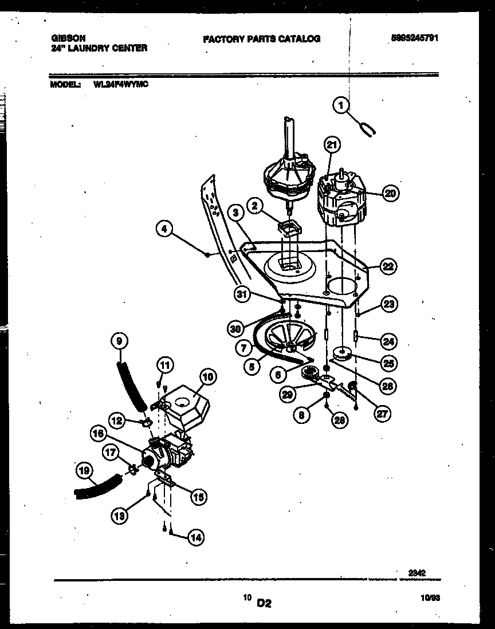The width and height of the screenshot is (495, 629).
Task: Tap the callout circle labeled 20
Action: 390,194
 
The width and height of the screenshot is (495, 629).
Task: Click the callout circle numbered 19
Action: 84,471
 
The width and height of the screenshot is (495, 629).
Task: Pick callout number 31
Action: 243,294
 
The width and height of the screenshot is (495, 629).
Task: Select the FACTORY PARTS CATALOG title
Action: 261,39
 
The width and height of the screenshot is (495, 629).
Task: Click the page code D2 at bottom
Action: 264,602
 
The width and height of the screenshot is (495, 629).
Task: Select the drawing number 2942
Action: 417,571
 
